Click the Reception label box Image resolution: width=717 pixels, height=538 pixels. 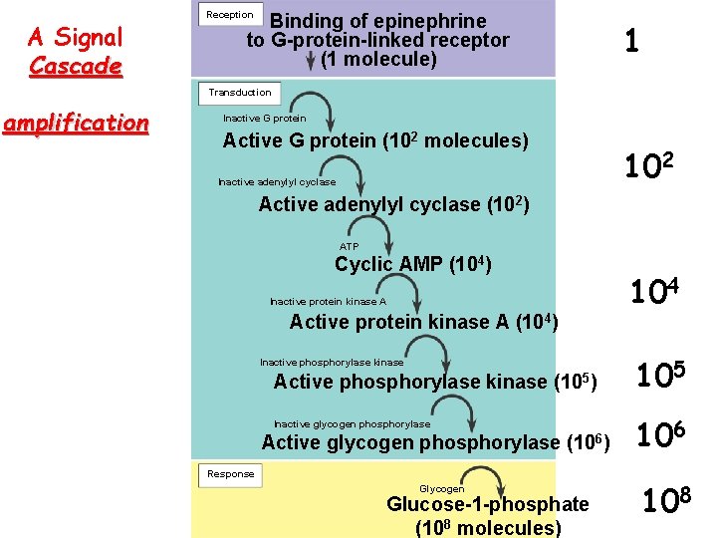pyautogui.click(x=229, y=15)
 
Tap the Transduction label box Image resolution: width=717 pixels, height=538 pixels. pyautogui.click(x=239, y=92)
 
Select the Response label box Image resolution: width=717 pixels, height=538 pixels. pyautogui.click(x=230, y=474)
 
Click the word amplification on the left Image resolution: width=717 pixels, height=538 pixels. pyautogui.click(x=76, y=124)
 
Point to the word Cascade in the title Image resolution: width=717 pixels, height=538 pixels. pyautogui.click(x=76, y=67)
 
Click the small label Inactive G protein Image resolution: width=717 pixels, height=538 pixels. pyautogui.click(x=265, y=119)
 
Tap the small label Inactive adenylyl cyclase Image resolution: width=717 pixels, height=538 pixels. pyautogui.click(x=277, y=182)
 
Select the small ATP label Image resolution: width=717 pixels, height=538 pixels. pyautogui.click(x=350, y=246)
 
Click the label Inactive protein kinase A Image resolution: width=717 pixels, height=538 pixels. pyautogui.click(x=328, y=301)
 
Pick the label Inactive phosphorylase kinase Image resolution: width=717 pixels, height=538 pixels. pyautogui.click(x=332, y=363)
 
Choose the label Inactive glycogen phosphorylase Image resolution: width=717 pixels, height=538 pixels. pyautogui.click(x=352, y=424)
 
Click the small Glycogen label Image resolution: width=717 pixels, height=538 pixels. pyautogui.click(x=441, y=489)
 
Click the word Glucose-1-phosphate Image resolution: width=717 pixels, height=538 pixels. pyautogui.click(x=488, y=505)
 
